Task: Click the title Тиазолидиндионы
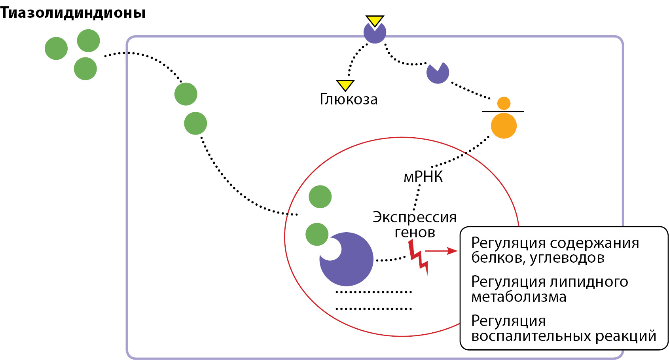73,13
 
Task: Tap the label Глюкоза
349,99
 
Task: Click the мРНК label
423,177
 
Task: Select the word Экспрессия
415,217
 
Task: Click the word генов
415,232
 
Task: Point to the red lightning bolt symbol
418,257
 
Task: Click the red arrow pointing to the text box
441,251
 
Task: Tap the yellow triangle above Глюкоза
345,85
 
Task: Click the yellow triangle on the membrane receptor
375,21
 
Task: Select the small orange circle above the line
504,103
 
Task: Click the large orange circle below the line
504,126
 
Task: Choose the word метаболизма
519,297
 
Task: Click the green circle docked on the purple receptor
317,234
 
